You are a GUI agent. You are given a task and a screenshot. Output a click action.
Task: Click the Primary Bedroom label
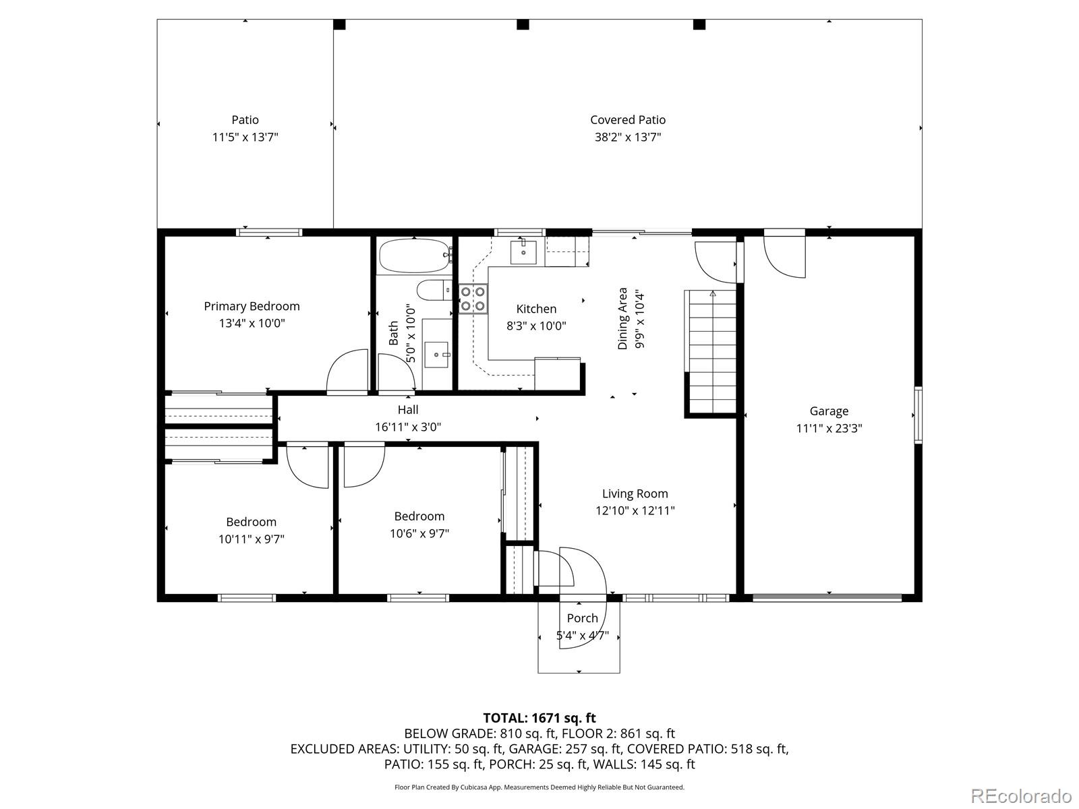pos(252,306)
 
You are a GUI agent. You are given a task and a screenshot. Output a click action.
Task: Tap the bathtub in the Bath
pos(414,256)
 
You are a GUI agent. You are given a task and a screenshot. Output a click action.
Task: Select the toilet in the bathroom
pos(434,290)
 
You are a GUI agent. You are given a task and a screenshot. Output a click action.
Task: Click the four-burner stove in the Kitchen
pos(473,299)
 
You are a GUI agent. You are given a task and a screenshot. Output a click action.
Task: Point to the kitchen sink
pos(523,251)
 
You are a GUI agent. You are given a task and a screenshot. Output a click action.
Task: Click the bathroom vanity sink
pos(436,355)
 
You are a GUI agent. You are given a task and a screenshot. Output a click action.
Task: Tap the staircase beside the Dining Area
pos(712,351)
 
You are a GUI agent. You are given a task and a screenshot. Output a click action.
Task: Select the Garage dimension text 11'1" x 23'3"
pos(829,428)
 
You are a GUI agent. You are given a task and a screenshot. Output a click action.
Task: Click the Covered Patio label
pos(628,120)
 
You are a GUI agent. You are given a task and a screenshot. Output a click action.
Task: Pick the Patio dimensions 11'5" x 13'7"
pos(245,137)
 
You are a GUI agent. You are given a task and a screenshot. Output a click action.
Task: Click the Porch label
pos(583,618)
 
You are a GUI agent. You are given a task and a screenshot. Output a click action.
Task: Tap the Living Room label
pos(635,493)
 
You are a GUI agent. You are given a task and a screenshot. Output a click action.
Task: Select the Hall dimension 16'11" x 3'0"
pos(408,427)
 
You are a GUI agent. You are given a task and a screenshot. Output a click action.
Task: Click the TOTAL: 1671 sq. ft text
pos(539,718)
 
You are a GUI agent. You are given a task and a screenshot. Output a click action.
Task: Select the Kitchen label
pos(536,309)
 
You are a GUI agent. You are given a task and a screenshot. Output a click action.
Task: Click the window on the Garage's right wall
pos(918,415)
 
